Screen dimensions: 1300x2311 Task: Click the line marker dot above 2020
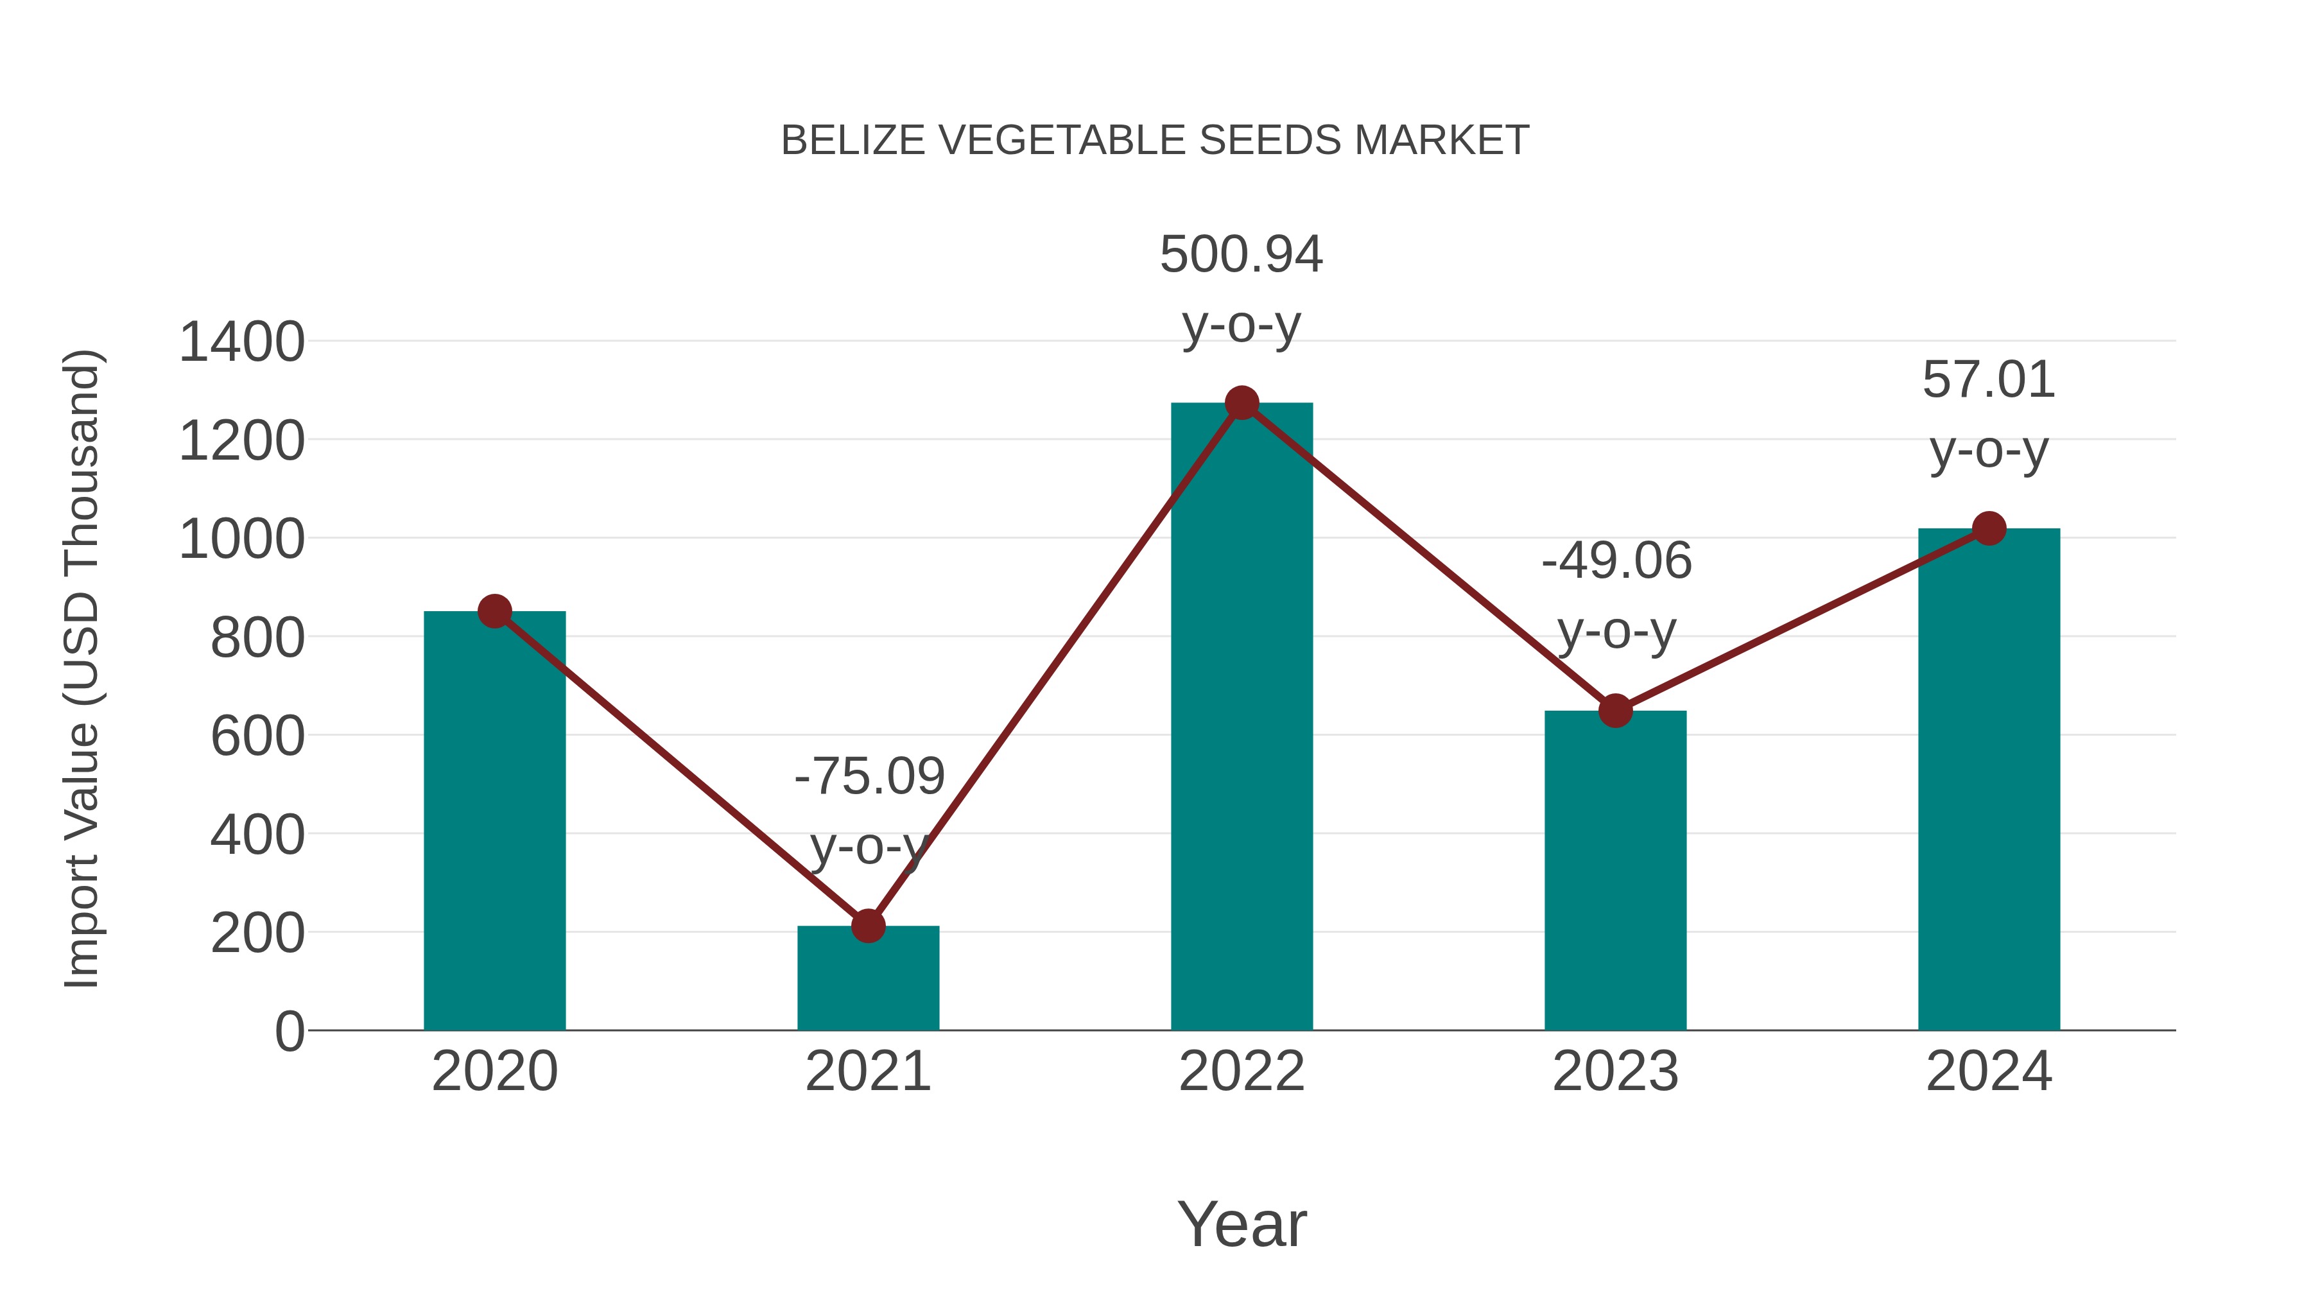[494, 612]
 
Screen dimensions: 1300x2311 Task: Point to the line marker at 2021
[867, 926]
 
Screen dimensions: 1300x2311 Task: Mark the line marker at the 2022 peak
[1242, 403]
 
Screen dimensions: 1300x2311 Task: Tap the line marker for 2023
[1615, 711]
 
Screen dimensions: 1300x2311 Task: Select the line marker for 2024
[1989, 528]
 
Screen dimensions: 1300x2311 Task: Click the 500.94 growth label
[1241, 255]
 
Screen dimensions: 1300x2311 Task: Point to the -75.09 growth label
[869, 777]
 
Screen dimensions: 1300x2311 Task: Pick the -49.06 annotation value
[1616, 562]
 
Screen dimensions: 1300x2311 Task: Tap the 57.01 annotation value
[1988, 381]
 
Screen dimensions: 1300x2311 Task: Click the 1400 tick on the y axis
[241, 343]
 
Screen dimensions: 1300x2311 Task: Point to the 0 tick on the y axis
[289, 1032]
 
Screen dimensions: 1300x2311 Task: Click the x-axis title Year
[1242, 1225]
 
